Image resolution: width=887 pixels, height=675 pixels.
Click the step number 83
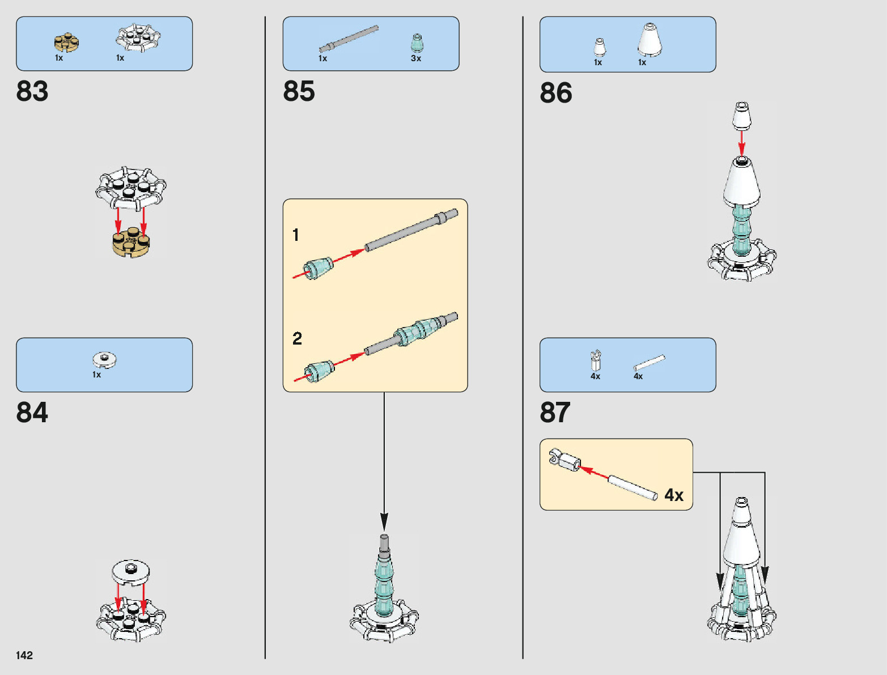point(32,91)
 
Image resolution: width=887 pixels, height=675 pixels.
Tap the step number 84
point(32,413)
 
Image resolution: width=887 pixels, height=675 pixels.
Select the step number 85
point(299,91)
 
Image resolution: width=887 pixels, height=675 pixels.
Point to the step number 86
point(555,93)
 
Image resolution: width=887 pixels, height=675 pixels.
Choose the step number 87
point(555,413)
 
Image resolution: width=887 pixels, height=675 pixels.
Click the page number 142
point(24,655)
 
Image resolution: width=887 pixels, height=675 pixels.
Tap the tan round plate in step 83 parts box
point(66,42)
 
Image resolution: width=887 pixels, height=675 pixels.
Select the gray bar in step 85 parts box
point(348,39)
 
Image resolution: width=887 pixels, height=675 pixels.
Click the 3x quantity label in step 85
point(416,58)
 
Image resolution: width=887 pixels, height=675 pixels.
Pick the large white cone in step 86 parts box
point(650,40)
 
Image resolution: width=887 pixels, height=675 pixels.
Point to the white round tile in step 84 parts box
point(104,359)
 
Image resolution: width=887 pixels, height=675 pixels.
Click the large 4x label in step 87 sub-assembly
point(674,495)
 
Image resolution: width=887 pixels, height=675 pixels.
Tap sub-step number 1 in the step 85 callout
point(296,235)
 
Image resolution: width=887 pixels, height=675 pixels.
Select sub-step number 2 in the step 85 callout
point(297,338)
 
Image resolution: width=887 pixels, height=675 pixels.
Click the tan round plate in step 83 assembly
point(131,242)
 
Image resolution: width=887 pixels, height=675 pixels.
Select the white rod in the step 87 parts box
point(649,363)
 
